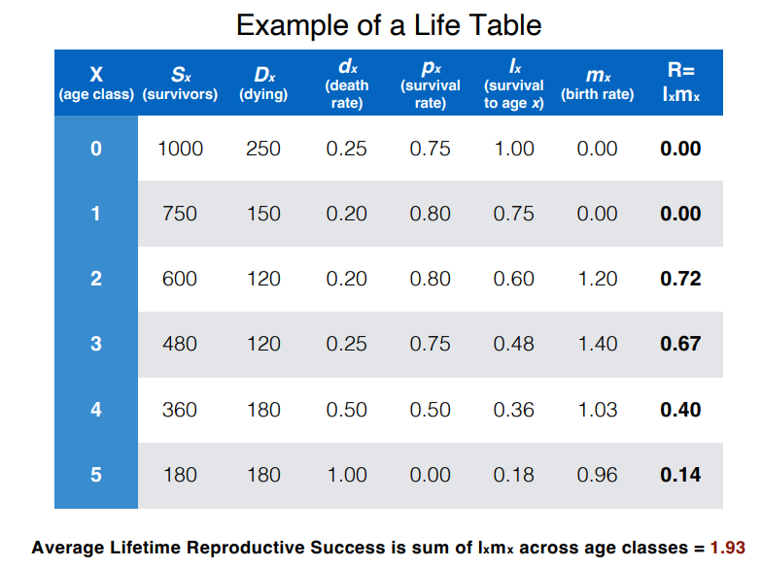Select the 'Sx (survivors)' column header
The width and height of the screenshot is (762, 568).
coord(181,84)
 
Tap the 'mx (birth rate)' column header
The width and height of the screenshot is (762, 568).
coord(597,84)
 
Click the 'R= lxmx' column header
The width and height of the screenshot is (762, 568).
coord(680,83)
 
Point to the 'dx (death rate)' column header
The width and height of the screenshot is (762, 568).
coord(347,84)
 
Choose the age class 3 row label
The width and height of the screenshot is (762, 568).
coord(95,344)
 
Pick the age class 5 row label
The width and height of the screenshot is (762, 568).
coord(95,475)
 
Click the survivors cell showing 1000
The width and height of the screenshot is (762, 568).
coord(180,149)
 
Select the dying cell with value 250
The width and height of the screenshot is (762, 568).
coord(263,149)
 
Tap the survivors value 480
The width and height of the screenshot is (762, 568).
coord(180,344)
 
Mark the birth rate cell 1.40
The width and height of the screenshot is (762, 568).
coord(597,344)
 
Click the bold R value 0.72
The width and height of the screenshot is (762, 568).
coord(680,279)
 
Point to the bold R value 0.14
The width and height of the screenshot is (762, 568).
coord(680,475)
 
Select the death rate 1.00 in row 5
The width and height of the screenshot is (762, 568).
coord(347,475)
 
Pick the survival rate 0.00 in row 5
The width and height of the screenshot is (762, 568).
coord(430,475)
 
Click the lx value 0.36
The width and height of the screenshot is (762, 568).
coord(513,410)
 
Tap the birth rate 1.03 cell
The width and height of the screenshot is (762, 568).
coord(597,410)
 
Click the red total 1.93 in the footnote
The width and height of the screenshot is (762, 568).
coord(727,548)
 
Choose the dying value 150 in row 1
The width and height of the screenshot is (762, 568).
coord(263,214)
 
